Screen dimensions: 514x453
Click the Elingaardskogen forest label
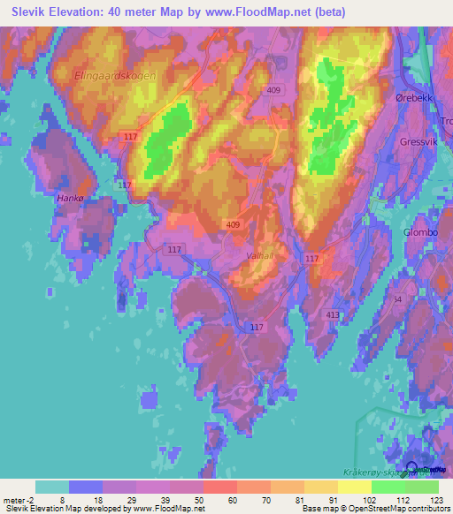(116, 76)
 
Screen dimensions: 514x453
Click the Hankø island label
(69, 199)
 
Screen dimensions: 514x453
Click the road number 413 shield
(333, 314)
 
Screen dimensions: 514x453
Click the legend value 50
(188, 499)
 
